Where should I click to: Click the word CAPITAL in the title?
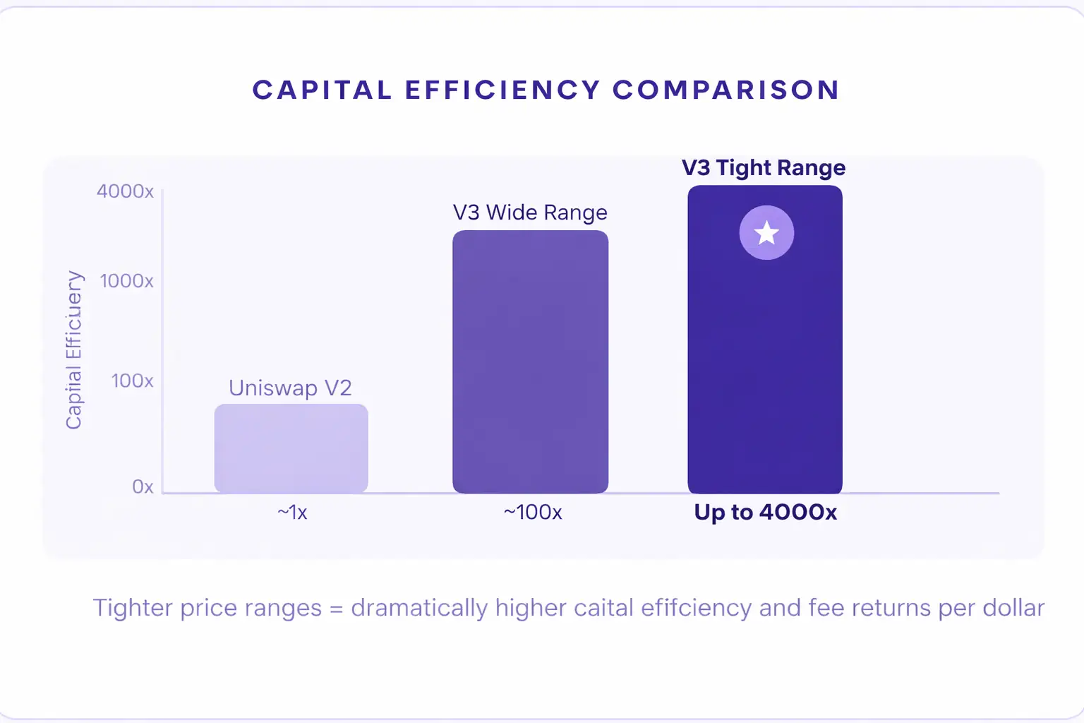tap(322, 90)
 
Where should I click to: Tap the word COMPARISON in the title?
tap(725, 90)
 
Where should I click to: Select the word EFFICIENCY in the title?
tap(502, 90)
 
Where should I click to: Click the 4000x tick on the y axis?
tap(125, 191)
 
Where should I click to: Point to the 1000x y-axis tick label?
tap(126, 281)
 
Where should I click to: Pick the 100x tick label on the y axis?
tap(132, 381)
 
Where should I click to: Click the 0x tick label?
tap(143, 487)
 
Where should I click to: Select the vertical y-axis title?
tap(74, 349)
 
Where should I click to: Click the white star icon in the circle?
tap(766, 233)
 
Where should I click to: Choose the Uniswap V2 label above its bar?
tap(290, 388)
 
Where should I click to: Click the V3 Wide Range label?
tap(530, 213)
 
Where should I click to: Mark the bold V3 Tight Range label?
tap(764, 168)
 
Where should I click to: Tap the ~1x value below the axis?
tap(292, 513)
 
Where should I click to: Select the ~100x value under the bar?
tap(533, 513)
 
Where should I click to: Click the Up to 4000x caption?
tap(765, 513)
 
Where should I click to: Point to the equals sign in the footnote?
tap(336, 609)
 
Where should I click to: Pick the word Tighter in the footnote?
tap(133, 609)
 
